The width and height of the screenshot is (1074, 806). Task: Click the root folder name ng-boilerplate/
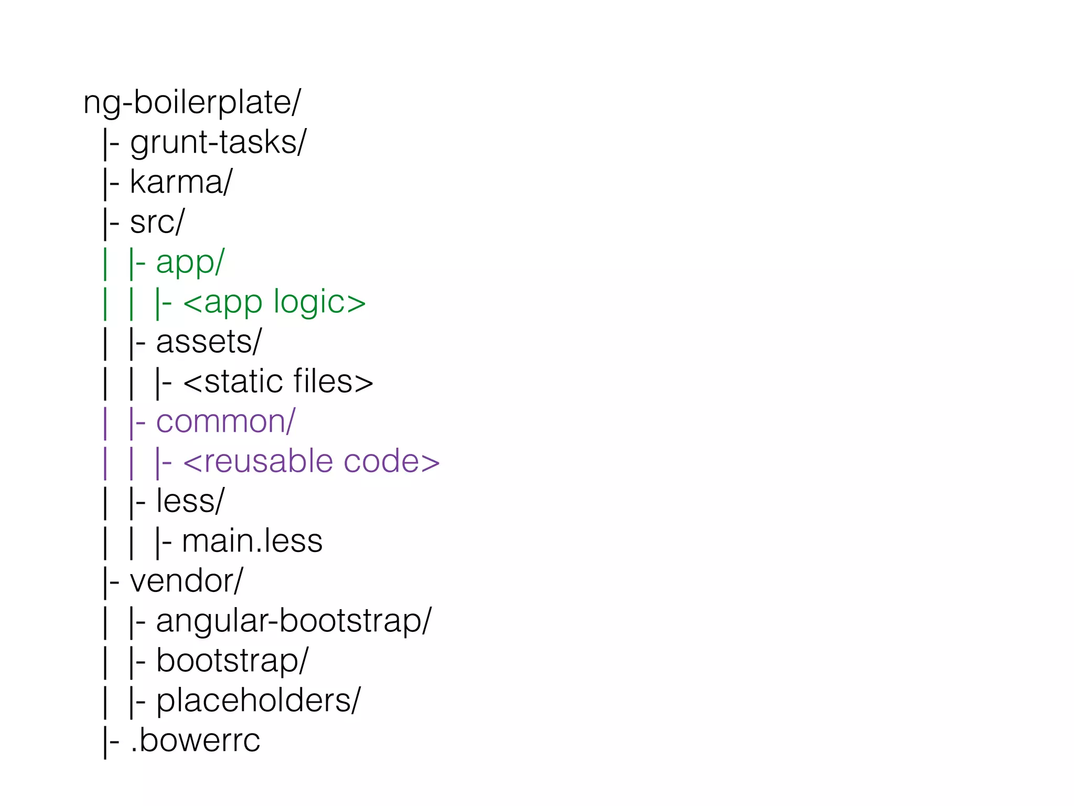click(x=192, y=103)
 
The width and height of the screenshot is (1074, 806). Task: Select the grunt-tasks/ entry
click(x=218, y=143)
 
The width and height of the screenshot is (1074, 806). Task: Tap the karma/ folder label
click(x=180, y=183)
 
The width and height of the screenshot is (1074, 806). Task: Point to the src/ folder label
click(x=157, y=222)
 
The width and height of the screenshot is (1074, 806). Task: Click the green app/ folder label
click(x=190, y=262)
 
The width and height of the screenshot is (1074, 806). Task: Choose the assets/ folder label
click(x=208, y=342)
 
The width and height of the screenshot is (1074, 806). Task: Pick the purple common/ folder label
click(x=225, y=421)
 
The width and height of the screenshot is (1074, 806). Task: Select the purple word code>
click(x=391, y=461)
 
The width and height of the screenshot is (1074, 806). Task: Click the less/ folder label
click(x=190, y=501)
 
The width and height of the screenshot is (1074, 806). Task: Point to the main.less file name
click(x=252, y=541)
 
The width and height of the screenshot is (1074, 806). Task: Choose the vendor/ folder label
click(x=186, y=581)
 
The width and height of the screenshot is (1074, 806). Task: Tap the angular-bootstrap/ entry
click(x=293, y=621)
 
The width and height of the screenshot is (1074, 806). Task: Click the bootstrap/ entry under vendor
click(x=232, y=661)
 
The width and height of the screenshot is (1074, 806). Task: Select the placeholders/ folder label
click(x=258, y=701)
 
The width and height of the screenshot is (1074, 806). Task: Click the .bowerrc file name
click(x=195, y=740)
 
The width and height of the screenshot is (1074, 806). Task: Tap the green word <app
click(x=223, y=303)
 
